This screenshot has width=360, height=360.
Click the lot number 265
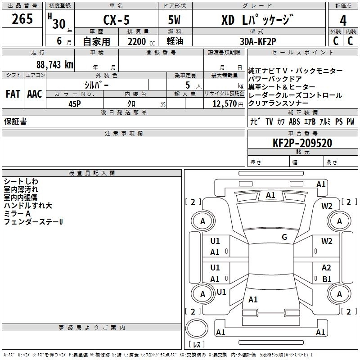pos(22,19)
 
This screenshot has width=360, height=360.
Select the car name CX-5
pos(116,21)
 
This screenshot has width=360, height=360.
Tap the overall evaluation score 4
pos(343,20)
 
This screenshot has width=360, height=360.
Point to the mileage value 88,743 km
pos(54,64)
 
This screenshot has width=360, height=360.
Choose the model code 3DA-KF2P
pos(259,42)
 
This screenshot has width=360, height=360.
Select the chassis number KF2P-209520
pos(302,143)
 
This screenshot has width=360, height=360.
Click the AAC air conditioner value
pos(34,94)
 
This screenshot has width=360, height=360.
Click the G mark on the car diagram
pos(284,237)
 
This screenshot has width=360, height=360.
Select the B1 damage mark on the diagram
pos(327,279)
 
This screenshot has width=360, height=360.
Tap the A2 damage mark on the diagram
pos(327,268)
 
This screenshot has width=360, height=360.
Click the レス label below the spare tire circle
pos(197,345)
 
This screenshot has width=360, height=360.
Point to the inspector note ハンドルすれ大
pos(28,206)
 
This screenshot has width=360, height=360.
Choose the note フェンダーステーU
pos(33,222)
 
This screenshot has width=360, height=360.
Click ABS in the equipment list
pos(294,121)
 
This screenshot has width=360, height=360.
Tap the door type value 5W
pos(175,21)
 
